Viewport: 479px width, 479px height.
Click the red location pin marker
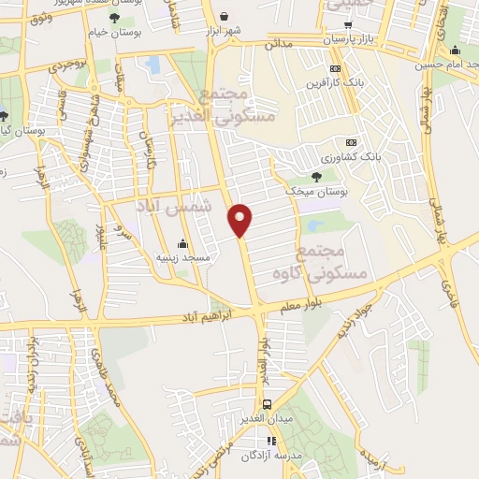240,219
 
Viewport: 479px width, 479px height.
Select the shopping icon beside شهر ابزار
225,17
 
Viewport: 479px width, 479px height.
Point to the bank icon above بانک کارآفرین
336,68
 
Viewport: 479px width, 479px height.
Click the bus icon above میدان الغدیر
268,405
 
